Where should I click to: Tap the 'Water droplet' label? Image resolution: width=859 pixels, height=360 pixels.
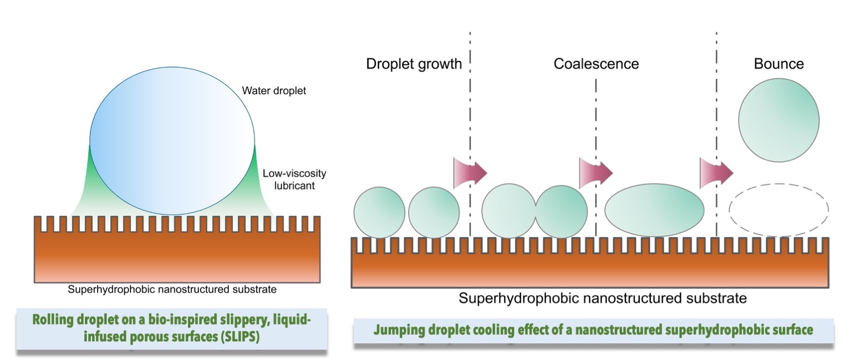point(274,91)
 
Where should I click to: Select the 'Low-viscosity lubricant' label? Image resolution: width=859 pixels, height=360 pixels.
point(294,180)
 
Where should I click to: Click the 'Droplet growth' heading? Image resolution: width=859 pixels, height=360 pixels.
point(414,64)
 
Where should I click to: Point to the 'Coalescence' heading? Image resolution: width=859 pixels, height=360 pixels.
point(596,64)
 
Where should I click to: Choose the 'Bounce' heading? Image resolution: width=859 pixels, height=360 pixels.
point(779,64)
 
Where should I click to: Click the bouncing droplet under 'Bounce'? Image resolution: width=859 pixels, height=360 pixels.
point(779,120)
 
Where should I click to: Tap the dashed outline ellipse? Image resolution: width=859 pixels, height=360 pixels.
point(779,210)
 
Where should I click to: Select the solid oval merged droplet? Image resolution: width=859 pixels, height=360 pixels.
point(654,210)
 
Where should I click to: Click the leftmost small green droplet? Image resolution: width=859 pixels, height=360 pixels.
point(379,212)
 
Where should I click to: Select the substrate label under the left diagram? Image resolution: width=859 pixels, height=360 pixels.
point(172,289)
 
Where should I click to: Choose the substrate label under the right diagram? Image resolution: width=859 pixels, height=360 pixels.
point(602,298)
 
